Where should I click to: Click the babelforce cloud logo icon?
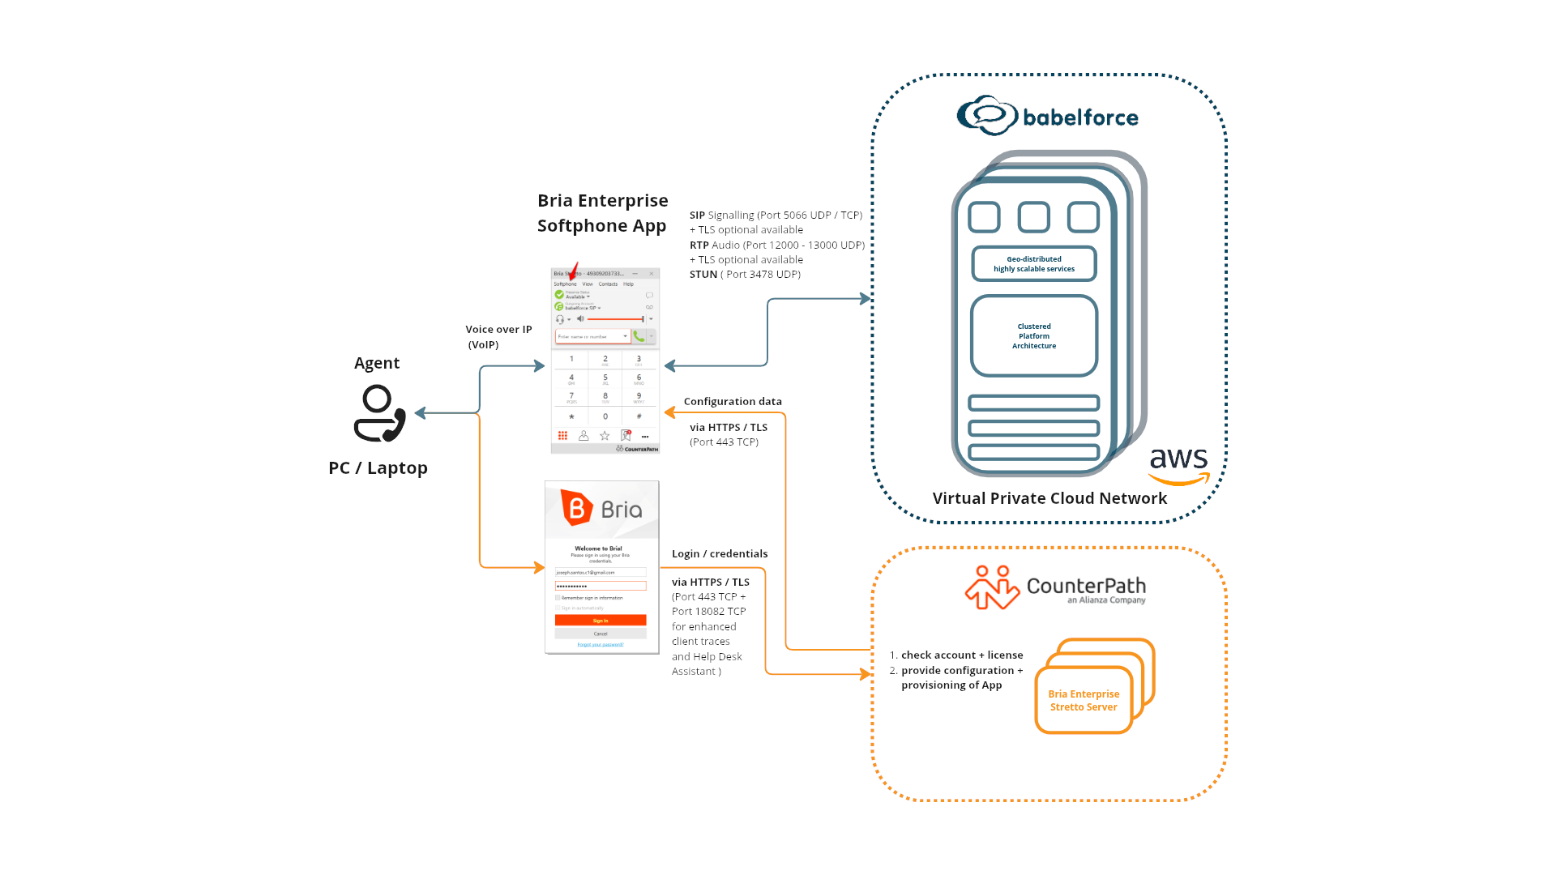[986, 116]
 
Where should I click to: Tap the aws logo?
[1179, 464]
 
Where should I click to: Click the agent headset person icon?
[379, 413]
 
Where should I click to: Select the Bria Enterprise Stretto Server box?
[1084, 700]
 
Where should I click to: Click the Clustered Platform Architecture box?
[1034, 336]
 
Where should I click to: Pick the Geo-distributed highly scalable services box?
[1034, 264]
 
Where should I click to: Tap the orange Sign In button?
[601, 621]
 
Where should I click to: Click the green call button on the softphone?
[639, 336]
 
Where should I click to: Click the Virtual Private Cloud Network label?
[1049, 498]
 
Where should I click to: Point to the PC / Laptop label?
[378, 468]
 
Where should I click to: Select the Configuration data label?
[733, 402]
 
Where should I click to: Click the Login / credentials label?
[720, 554]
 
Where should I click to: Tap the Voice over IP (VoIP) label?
[498, 337]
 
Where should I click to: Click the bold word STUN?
[703, 275]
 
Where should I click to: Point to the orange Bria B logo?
[576, 508]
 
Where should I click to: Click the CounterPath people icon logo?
[992, 587]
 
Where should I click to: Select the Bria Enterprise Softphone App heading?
[602, 213]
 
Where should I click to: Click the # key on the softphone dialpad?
[639, 416]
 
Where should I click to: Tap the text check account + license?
[962, 655]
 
